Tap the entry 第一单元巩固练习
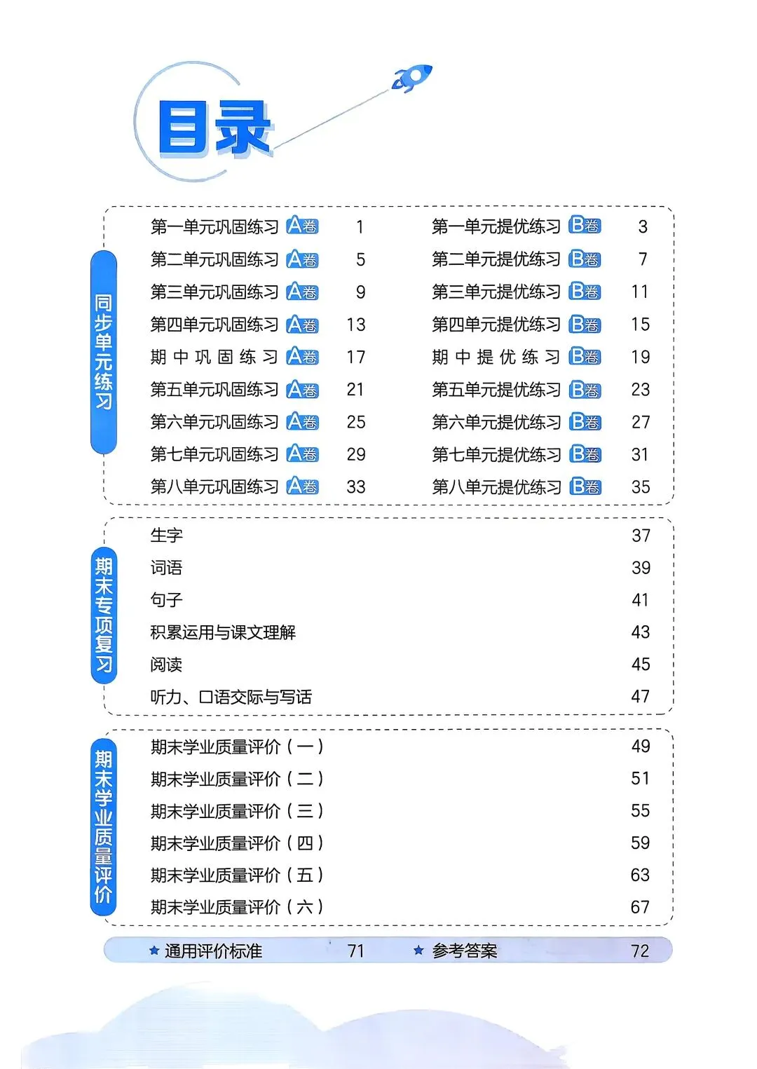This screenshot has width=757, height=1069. point(214,227)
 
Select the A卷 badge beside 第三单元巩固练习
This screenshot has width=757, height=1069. point(303,292)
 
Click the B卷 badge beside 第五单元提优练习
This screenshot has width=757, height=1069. point(585,390)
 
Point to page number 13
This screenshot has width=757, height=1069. point(356,325)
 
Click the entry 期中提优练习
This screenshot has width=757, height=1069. point(496,358)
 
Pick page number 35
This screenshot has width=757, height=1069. point(641,487)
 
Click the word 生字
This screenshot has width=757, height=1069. point(167,536)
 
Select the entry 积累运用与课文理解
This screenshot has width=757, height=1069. point(223,632)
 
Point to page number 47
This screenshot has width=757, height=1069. point(641,697)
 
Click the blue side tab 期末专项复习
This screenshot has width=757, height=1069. point(104,615)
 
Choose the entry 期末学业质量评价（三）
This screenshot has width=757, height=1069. point(237,811)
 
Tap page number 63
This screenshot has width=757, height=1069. point(641,876)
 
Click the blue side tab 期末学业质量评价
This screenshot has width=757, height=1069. point(104,827)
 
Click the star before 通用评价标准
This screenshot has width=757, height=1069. point(154,951)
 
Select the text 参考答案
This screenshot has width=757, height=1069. point(465,951)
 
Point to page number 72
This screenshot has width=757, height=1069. point(640,951)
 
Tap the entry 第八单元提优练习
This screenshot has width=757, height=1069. point(496,487)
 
